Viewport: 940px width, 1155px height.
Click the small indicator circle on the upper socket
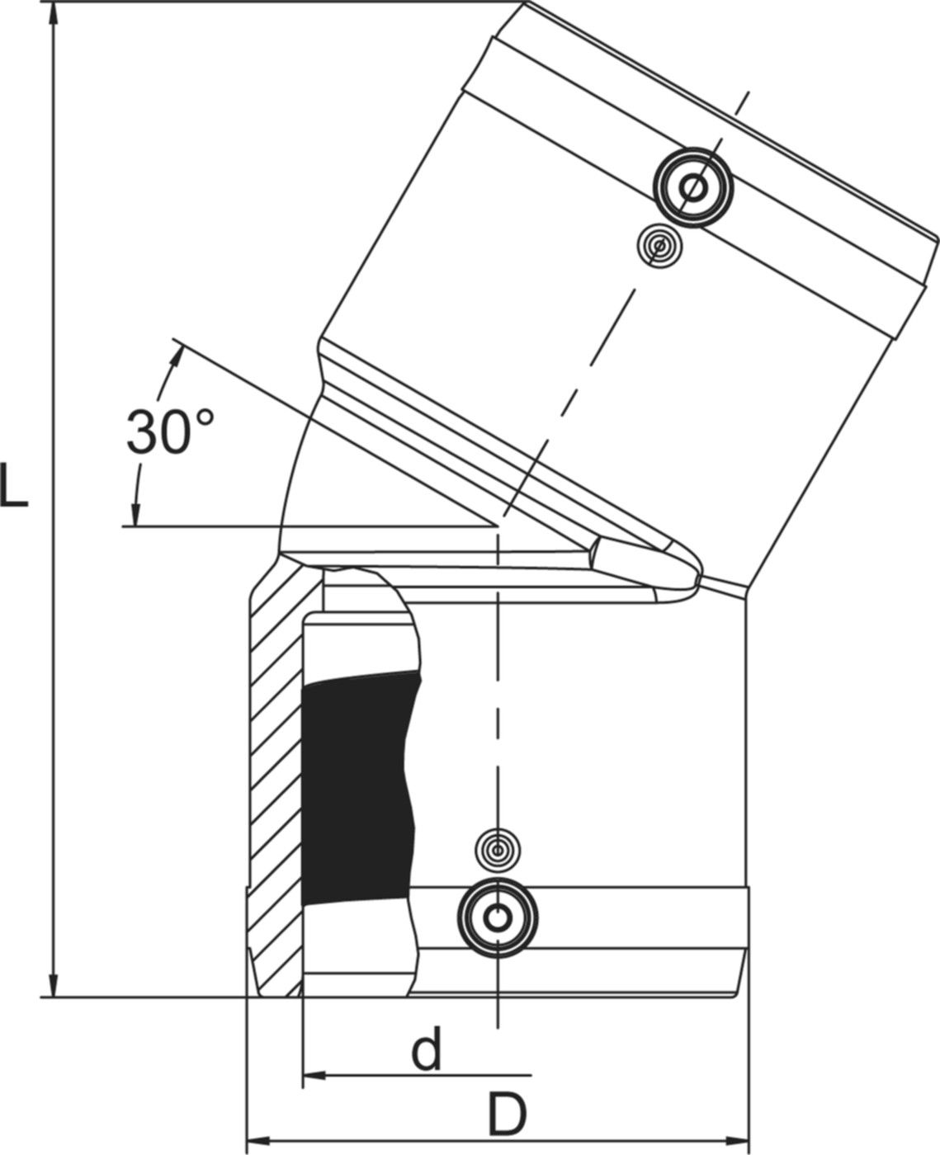(659, 245)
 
